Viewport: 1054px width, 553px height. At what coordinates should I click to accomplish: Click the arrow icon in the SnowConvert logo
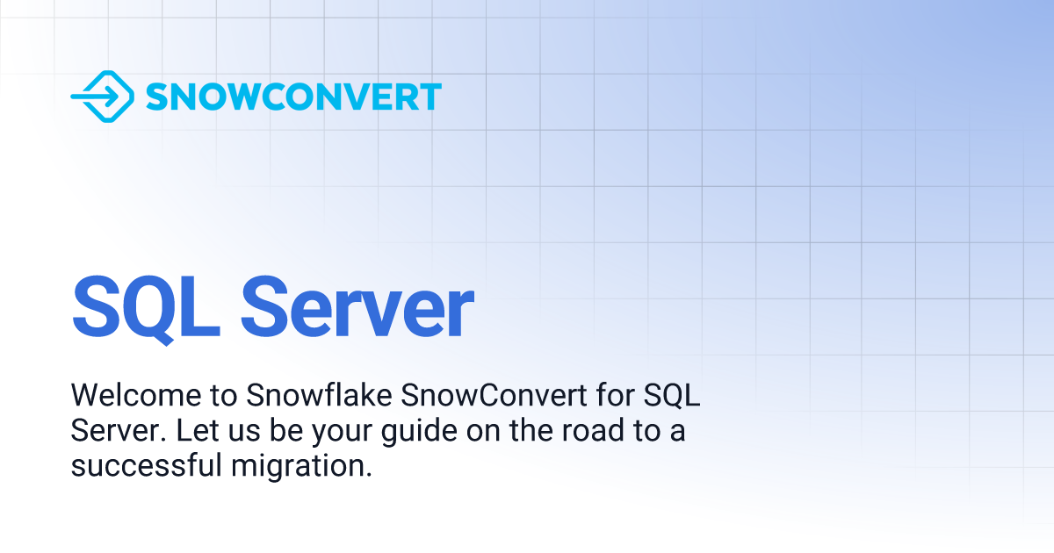point(102,96)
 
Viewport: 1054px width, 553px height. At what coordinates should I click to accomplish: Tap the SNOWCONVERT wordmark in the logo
point(293,97)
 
